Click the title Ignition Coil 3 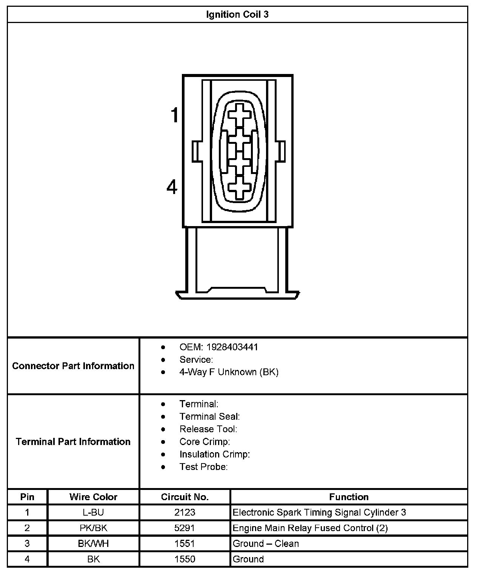[237, 15]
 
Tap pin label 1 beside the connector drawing [174, 115]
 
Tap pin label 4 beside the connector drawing [172, 187]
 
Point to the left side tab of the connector [197, 151]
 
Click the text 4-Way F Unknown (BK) [229, 372]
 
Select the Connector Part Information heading [73, 366]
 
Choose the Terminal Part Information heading [73, 442]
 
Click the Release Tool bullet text [208, 429]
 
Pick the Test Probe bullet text [203, 467]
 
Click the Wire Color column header [93, 497]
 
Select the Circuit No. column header [185, 497]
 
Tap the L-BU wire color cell [93, 512]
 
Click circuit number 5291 [185, 528]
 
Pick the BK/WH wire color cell [93, 544]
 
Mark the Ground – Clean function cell [266, 544]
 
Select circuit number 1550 [185, 559]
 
